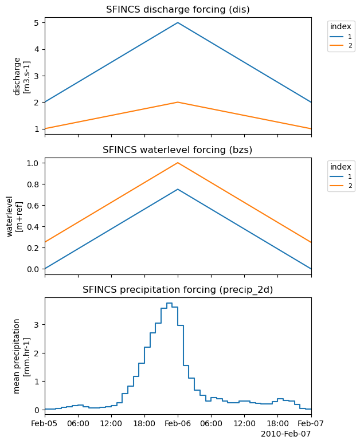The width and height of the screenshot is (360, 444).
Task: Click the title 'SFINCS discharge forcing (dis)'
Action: point(178,9)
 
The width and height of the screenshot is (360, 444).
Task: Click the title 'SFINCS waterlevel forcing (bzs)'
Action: point(178,150)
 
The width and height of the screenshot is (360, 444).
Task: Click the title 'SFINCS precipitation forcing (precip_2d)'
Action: point(178,290)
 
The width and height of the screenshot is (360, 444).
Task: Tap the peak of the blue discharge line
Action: point(178,22)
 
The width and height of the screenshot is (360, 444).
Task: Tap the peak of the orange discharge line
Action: point(178,102)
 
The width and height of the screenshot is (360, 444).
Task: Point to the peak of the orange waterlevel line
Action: point(178,163)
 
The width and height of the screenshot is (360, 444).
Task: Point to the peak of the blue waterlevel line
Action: point(178,189)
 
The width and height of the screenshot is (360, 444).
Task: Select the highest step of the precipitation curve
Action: point(169,303)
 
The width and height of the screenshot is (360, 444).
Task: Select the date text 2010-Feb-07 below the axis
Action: point(285,434)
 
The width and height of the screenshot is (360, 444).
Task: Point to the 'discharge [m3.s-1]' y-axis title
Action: point(21,76)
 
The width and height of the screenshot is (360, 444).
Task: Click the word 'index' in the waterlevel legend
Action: point(341,167)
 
